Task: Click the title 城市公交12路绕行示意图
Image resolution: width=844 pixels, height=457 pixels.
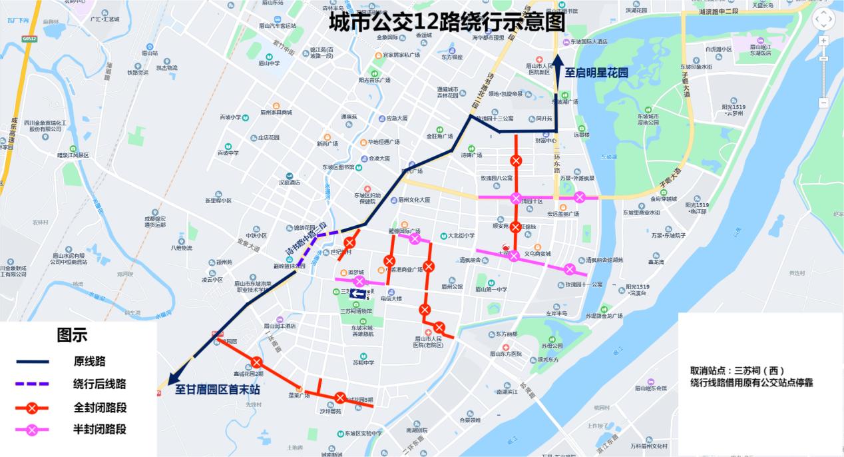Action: [447, 22]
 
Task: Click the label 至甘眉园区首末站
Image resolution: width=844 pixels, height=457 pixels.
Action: [217, 390]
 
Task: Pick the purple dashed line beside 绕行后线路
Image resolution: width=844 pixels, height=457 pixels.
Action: [33, 384]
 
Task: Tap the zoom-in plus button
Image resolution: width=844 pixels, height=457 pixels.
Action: [824, 41]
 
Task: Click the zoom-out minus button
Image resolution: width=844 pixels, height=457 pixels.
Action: [824, 103]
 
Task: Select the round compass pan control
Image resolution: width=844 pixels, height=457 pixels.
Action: [823, 19]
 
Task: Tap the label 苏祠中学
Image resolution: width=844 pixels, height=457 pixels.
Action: [363, 362]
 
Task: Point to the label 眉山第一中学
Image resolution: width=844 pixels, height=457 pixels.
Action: [491, 289]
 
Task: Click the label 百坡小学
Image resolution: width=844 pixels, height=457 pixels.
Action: [230, 117]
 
